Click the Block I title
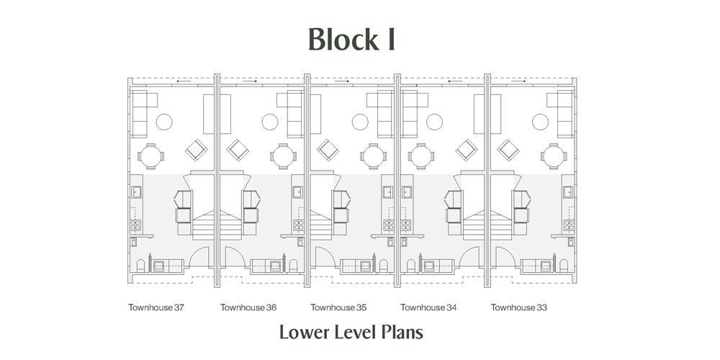pyautogui.click(x=351, y=39)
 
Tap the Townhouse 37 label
pyautogui.click(x=156, y=307)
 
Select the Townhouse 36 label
pyautogui.click(x=248, y=307)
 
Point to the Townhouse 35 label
pyautogui.click(x=338, y=307)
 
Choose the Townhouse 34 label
pyautogui.click(x=428, y=307)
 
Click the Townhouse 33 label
pyautogui.click(x=519, y=307)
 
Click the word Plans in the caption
pyautogui.click(x=402, y=332)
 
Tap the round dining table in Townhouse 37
pyautogui.click(x=150, y=156)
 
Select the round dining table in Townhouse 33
pyautogui.click(x=554, y=156)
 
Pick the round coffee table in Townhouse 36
pyautogui.click(x=270, y=122)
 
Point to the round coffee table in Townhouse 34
pyautogui.click(x=434, y=122)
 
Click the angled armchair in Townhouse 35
pyautogui.click(x=328, y=150)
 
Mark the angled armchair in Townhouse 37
pyautogui.click(x=197, y=150)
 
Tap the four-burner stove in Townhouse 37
pyautogui.click(x=135, y=225)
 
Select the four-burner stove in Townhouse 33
pyautogui.click(x=569, y=225)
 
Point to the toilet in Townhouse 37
pyautogui.click(x=140, y=266)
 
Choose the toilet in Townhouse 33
pyautogui.click(x=564, y=266)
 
